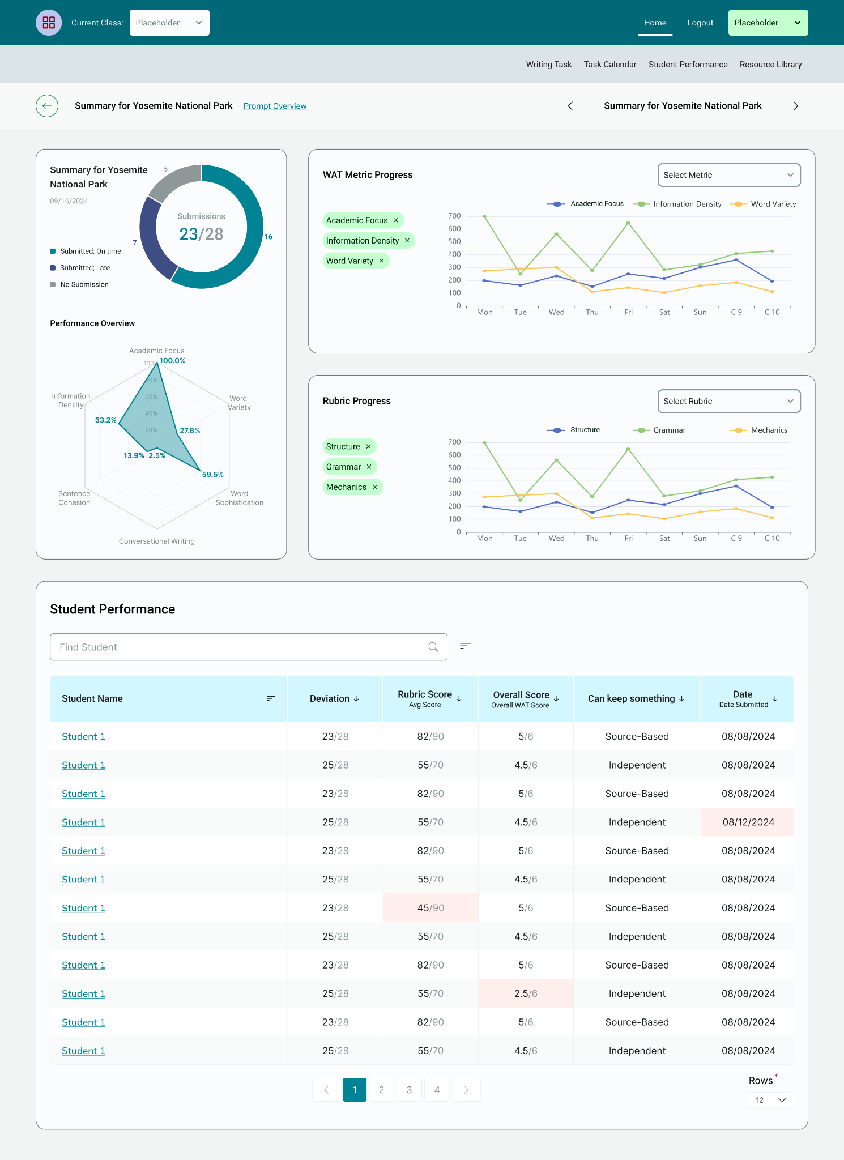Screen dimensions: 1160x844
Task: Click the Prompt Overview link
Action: coord(275,106)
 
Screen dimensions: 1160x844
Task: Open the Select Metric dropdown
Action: coord(728,175)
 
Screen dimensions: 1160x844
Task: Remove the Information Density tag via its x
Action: coord(407,241)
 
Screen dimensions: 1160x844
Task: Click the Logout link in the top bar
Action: coord(700,23)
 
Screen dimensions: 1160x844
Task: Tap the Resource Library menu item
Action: coord(770,65)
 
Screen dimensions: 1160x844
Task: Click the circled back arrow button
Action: coord(47,106)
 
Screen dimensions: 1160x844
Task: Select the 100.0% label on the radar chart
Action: coord(172,361)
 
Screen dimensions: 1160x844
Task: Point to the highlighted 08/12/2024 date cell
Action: coord(748,822)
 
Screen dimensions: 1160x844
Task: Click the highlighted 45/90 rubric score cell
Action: coord(430,908)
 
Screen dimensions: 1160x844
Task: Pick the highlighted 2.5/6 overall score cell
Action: coord(526,993)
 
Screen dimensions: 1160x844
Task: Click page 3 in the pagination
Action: coord(409,1090)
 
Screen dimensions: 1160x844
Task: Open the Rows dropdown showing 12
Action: coord(771,1100)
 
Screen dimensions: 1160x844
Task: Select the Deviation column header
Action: coord(334,699)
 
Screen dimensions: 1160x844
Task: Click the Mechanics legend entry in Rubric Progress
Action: coord(759,430)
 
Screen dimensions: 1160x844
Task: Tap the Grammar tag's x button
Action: coord(369,467)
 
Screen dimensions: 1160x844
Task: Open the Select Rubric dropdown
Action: coord(728,401)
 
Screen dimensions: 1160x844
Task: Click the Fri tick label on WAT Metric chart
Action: coord(628,313)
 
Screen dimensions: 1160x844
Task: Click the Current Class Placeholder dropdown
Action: coord(169,23)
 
